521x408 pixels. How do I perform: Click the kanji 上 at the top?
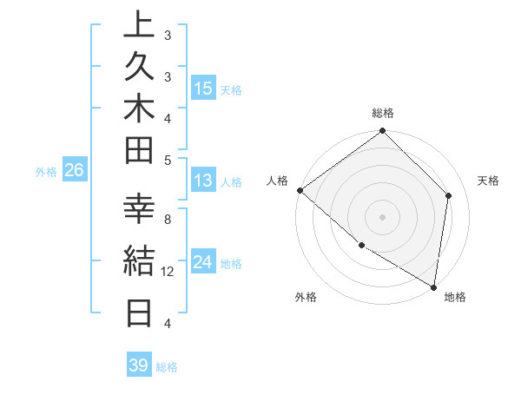point(140,25)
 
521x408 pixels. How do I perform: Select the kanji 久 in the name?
point(140,68)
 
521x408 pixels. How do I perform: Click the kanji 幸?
point(140,211)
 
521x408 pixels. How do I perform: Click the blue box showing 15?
point(203,89)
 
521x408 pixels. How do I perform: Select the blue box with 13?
point(203,181)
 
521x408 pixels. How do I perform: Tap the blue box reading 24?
point(203,262)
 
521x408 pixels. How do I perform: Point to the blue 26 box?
point(74,171)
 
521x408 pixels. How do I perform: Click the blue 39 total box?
point(139,365)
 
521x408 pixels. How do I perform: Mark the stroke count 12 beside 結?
point(168,272)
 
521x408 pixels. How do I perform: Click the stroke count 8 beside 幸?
point(168,220)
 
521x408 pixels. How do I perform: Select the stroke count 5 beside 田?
point(168,160)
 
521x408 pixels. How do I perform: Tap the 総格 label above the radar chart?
point(383,113)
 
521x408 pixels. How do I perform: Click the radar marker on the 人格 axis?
point(299,190)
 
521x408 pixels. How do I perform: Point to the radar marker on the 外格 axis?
point(361,246)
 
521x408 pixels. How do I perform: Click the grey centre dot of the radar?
point(382,217)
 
